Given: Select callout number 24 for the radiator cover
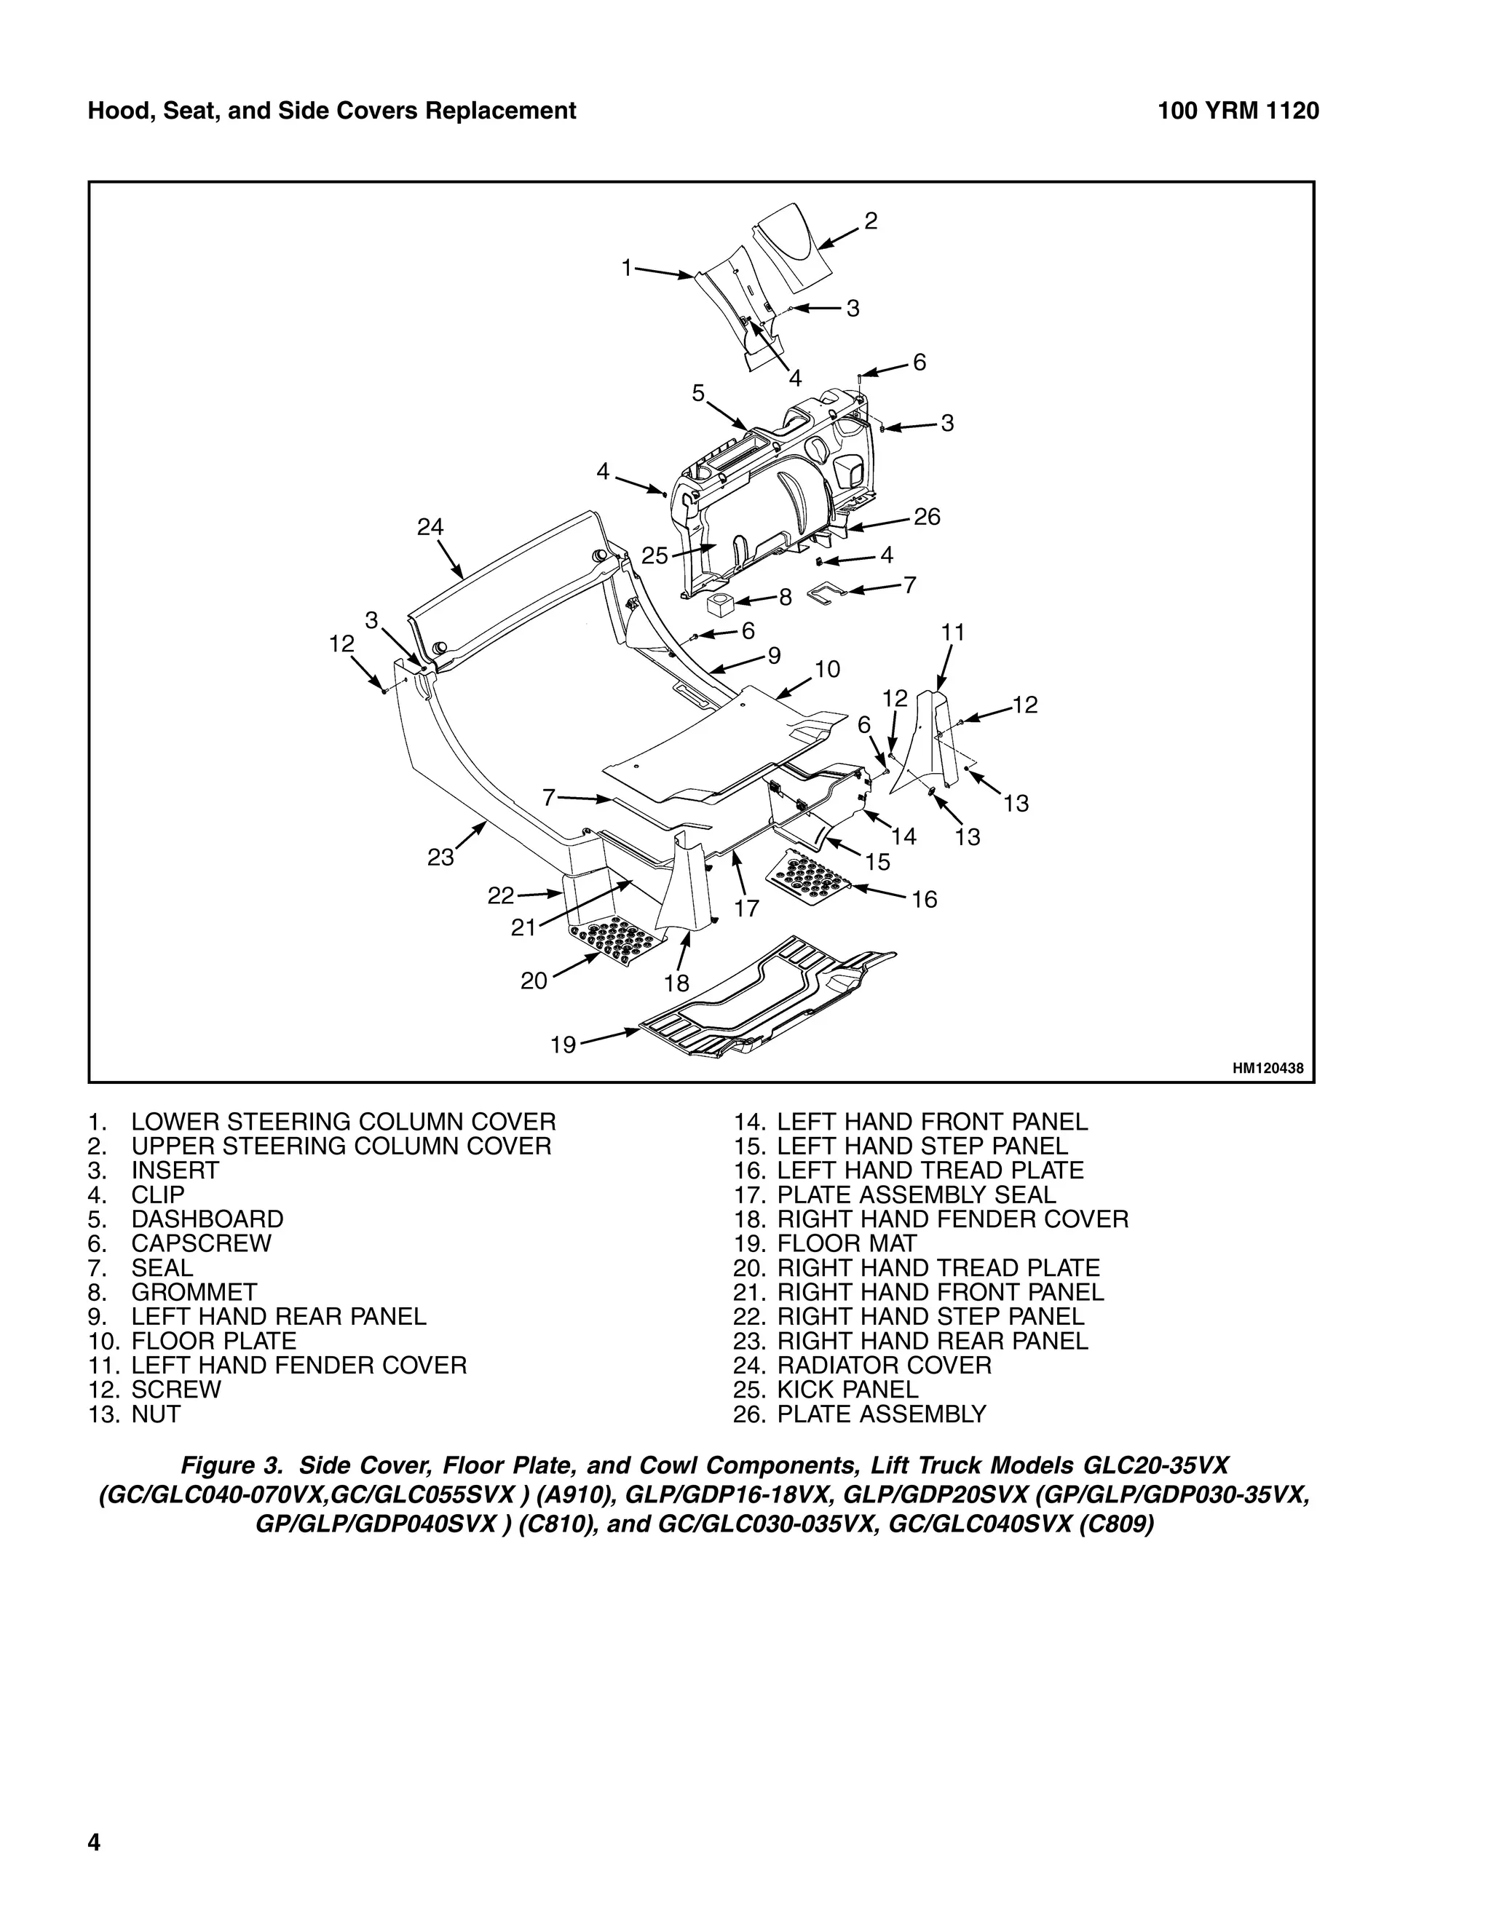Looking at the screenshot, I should tap(430, 527).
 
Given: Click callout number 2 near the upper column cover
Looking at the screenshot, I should tap(870, 221).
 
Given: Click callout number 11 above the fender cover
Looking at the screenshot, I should tap(953, 633).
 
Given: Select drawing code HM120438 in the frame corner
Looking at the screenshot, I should tap(1267, 1069).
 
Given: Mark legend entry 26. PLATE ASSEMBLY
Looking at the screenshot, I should tap(858, 1414).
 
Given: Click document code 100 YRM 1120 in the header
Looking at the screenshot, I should tap(1238, 111).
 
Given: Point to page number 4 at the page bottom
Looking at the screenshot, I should tap(94, 1842).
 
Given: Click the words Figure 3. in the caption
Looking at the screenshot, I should tap(234, 1465).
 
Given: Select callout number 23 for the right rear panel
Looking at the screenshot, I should tap(440, 857).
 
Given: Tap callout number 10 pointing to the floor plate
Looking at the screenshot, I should tap(827, 669).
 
